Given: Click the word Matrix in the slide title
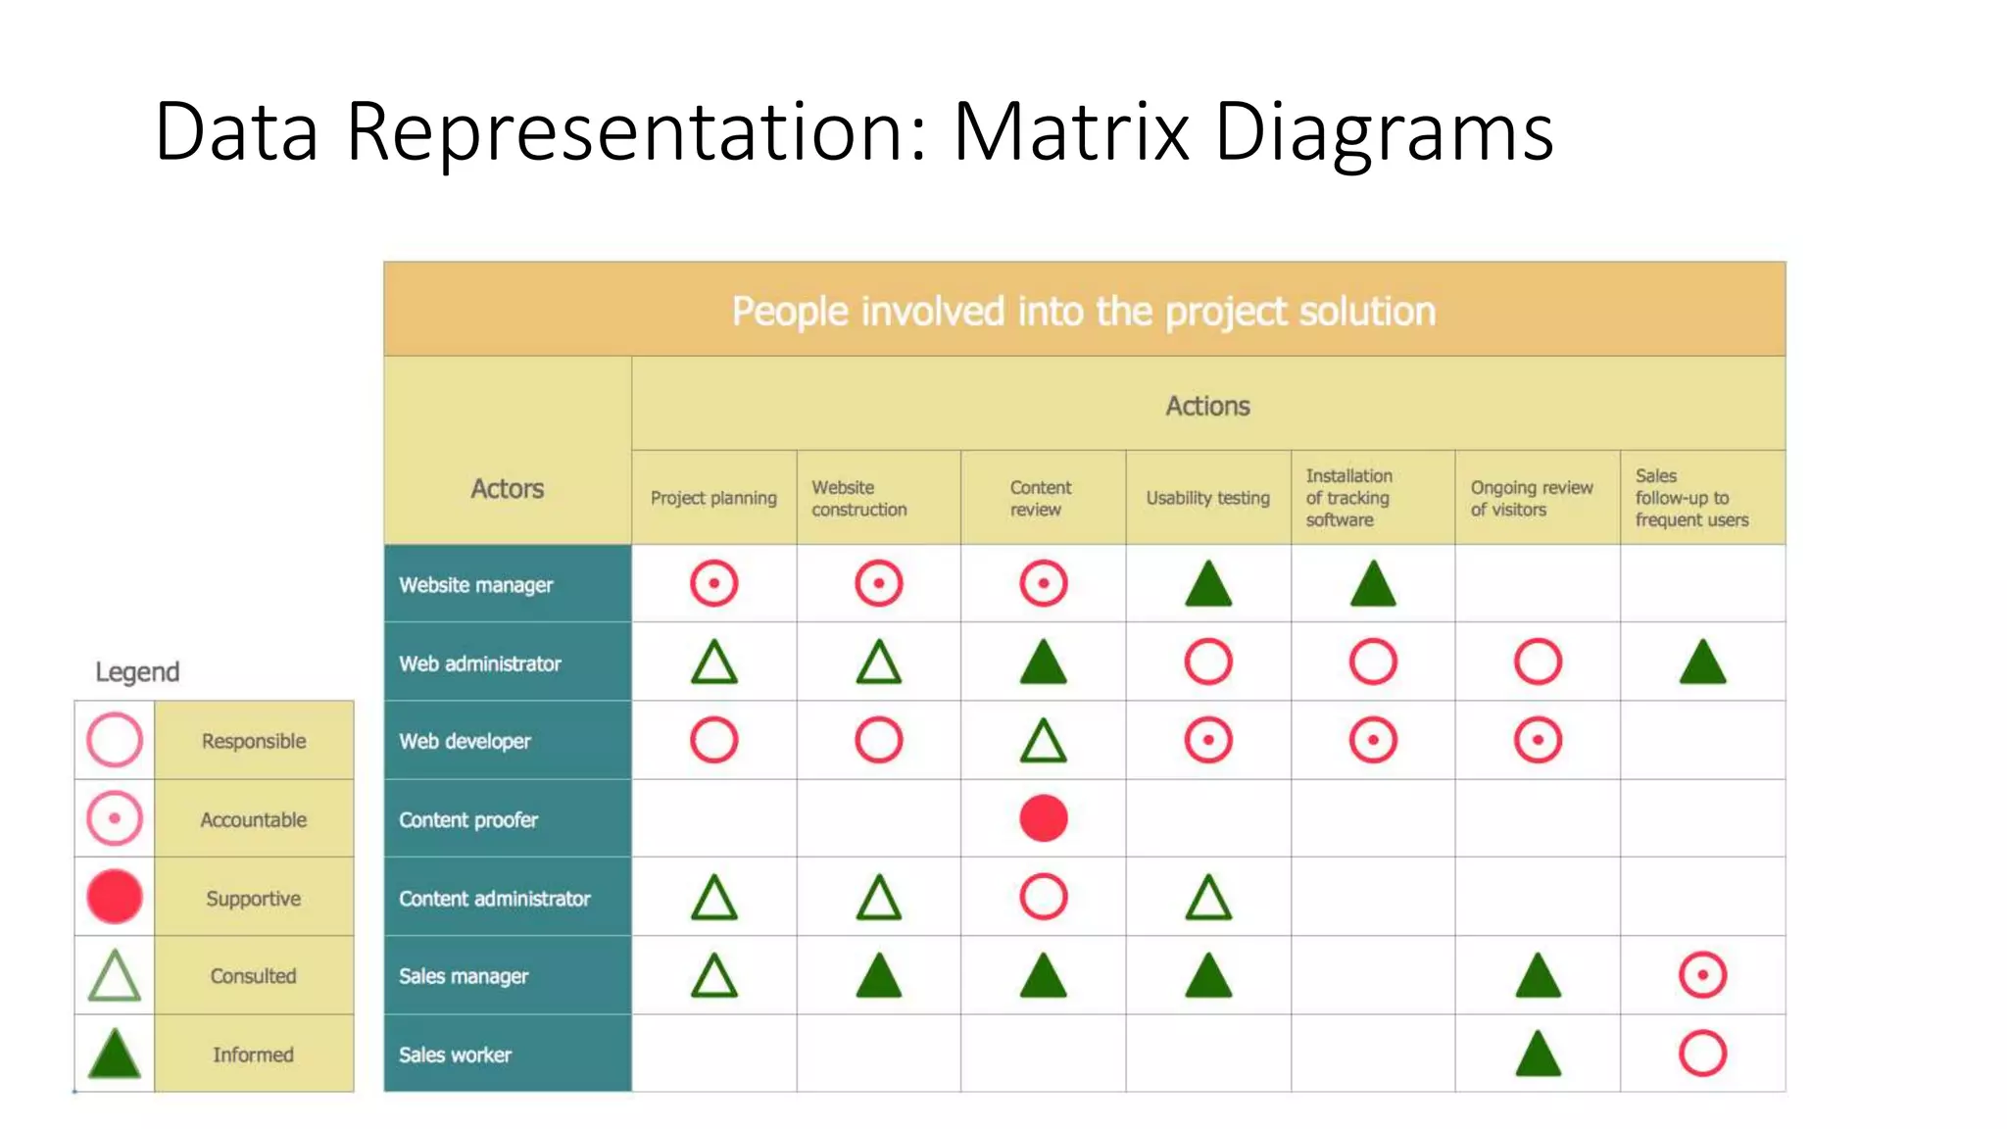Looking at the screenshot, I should coord(1070,131).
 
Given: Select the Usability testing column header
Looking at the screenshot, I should coord(1207,498).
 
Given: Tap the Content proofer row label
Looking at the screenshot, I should coord(468,819).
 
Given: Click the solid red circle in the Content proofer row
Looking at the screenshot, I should coord(1043,818).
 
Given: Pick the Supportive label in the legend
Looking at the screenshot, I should coord(253,898).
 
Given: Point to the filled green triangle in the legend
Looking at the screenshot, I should coord(115,1054).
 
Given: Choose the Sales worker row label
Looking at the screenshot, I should coord(455,1055).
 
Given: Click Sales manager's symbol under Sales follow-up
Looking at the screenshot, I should coord(1702,975).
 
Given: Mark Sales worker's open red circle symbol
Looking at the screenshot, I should coord(1702,1054).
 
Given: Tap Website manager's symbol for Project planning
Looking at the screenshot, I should coord(713,584).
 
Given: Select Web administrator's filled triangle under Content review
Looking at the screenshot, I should coord(1043,663).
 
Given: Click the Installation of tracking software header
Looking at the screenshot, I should coord(1348,498).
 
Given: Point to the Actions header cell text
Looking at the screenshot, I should coord(1207,406).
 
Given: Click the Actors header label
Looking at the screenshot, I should coord(507,488).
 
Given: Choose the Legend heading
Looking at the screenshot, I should coord(137,671).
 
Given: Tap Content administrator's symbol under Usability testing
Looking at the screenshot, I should coord(1207,898).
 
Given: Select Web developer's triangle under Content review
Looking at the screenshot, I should coord(1043,741).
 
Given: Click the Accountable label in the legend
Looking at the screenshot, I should coord(253,819).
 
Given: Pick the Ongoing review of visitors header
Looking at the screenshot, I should coord(1531,498).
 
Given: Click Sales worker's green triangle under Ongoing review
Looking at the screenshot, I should coord(1538,1055).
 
